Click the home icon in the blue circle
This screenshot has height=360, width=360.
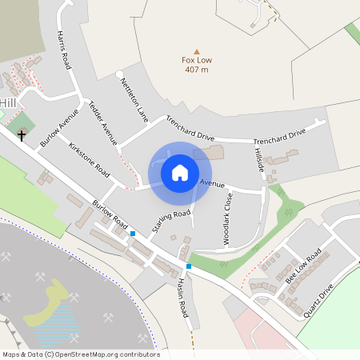180,172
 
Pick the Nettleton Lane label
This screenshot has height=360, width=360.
134,99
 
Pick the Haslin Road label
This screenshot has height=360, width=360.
182,295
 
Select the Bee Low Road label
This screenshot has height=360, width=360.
303,266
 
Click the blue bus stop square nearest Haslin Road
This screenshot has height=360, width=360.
189,266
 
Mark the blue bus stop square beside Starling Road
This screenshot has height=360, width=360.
133,234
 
